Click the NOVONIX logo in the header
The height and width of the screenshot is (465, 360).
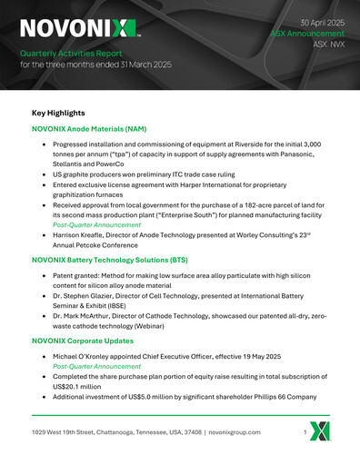click(80, 28)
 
